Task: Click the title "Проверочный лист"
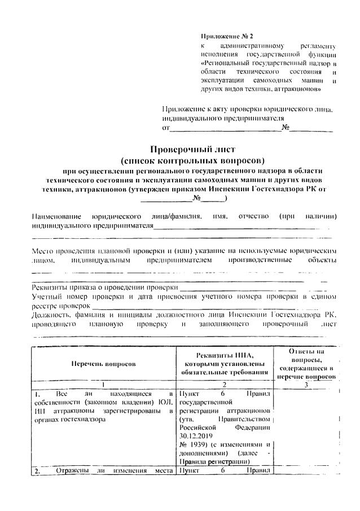[185, 149]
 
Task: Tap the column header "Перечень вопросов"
[103, 364]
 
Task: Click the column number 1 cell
[103, 383]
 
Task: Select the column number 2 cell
[225, 383]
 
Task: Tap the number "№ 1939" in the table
[190, 444]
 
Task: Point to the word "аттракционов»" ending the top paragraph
[302, 89]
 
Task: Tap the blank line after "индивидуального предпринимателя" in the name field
[237, 227]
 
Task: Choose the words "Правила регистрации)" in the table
[206, 461]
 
